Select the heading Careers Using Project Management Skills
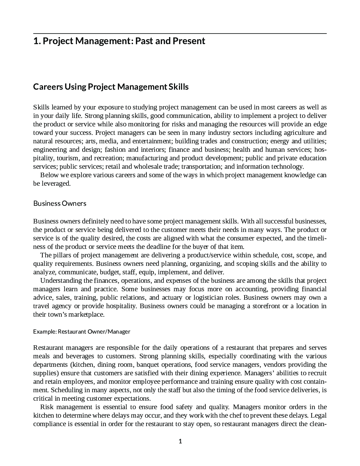point(111,87)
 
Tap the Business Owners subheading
point(60,203)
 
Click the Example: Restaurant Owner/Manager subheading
point(82,331)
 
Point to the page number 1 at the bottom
point(180,441)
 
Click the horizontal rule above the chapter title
point(180,34)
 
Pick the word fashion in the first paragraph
point(115,150)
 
